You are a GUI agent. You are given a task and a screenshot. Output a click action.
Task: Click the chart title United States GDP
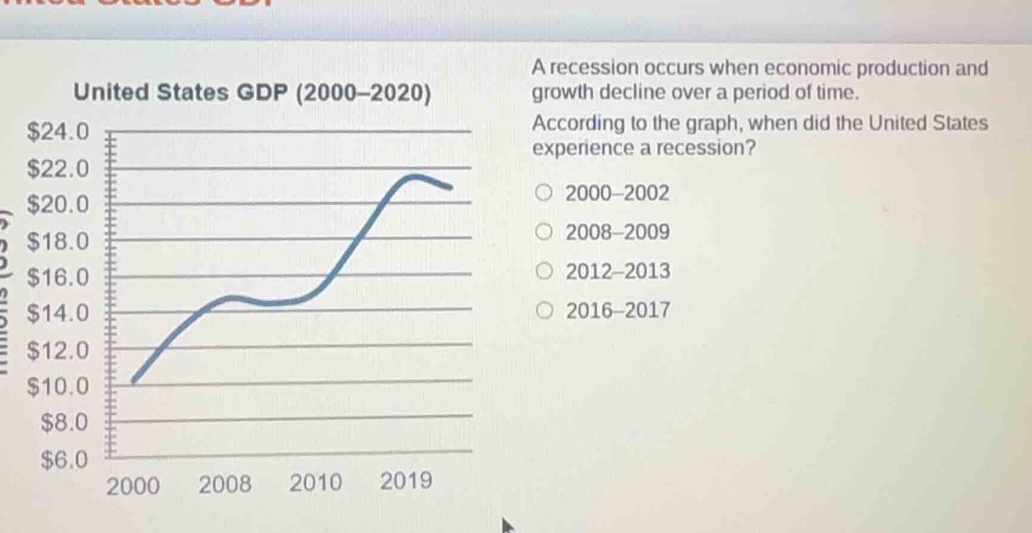[251, 93]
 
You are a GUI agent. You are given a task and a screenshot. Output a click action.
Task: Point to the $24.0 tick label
[58, 131]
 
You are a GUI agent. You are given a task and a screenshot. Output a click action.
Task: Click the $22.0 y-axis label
[58, 169]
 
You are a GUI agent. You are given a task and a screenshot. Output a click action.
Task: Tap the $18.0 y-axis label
[58, 242]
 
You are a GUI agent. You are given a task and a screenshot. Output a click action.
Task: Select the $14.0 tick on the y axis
[58, 313]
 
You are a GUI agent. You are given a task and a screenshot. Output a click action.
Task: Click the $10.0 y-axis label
[58, 387]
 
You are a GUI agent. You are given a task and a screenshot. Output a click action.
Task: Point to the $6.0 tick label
[64, 460]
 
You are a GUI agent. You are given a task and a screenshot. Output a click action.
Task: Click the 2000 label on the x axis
[133, 486]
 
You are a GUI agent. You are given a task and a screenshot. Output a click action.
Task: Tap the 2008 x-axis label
[225, 484]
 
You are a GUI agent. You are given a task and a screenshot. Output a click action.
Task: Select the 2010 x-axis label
[316, 482]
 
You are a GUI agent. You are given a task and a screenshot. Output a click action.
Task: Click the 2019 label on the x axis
[406, 480]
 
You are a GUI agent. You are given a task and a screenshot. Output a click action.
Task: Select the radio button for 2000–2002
[543, 193]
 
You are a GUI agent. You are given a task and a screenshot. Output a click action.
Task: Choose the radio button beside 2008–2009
[543, 232]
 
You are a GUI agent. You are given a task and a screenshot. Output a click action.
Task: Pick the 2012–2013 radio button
[543, 271]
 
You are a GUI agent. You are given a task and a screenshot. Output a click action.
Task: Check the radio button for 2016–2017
[543, 310]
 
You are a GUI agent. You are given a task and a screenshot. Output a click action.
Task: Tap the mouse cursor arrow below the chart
[507, 526]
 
